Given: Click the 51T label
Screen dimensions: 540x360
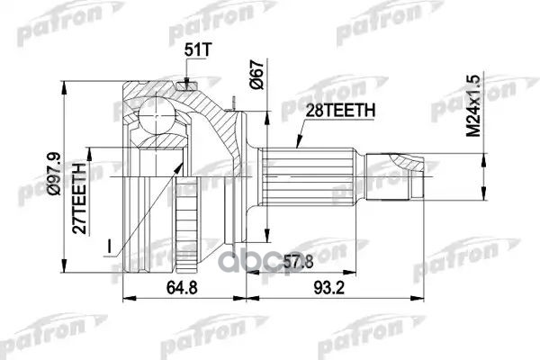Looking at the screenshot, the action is [x=197, y=50].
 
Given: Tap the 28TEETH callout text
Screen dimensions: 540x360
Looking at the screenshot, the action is [x=340, y=111].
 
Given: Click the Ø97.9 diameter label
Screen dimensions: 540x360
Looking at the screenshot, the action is [x=54, y=174].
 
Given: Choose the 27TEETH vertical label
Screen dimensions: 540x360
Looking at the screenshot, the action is [x=79, y=198].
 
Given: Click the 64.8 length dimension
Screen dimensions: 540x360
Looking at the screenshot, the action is [x=182, y=287].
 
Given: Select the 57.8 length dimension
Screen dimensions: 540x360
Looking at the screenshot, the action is [x=298, y=262].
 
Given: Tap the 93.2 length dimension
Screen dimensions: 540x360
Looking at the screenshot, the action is [x=328, y=287].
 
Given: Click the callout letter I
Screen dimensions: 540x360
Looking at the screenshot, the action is [x=109, y=247].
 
